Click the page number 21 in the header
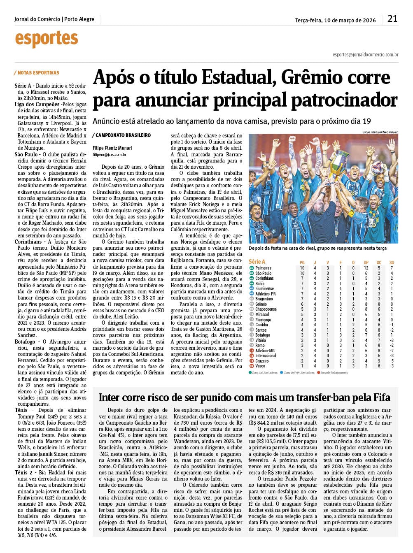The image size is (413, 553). point(392,19)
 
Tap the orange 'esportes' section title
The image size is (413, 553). point(47,39)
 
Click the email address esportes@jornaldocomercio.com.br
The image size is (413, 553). point(365,54)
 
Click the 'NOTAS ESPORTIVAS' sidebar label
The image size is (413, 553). point(38,73)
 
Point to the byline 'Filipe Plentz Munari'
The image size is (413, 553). point(112,148)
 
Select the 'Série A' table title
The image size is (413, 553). point(257,262)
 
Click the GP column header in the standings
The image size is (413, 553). point(366,262)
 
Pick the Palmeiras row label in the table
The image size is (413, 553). point(263,268)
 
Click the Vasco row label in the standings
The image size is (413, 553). point(260,366)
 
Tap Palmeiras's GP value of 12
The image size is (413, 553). point(366,268)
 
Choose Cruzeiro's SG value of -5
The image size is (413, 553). point(392,361)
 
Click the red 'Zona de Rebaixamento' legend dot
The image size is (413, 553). point(318,372)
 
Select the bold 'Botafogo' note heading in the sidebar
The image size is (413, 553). point(25,342)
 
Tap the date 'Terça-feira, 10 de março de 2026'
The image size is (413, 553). point(335,20)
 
